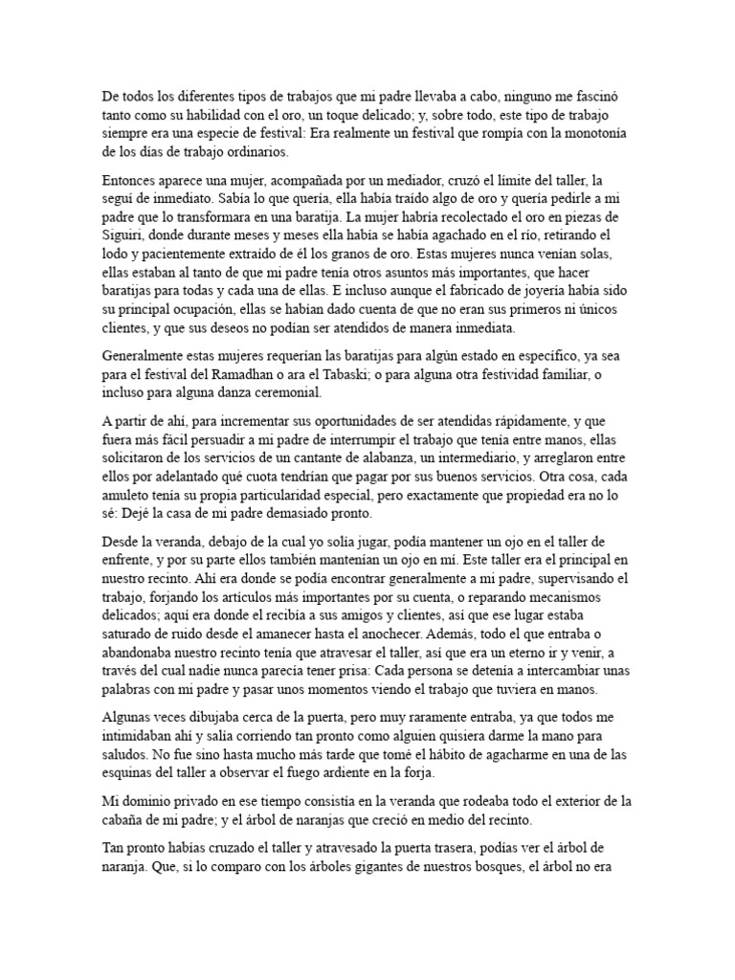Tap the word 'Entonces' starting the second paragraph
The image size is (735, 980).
coord(132,179)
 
